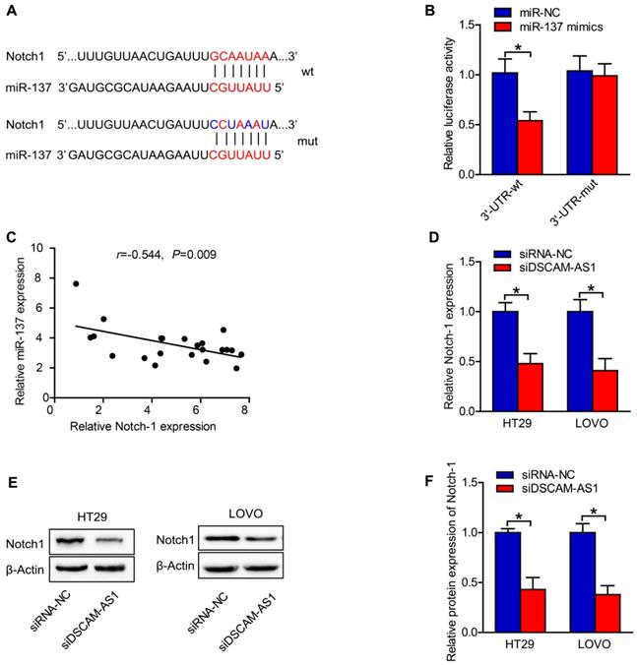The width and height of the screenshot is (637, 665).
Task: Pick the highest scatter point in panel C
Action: click(x=76, y=284)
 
